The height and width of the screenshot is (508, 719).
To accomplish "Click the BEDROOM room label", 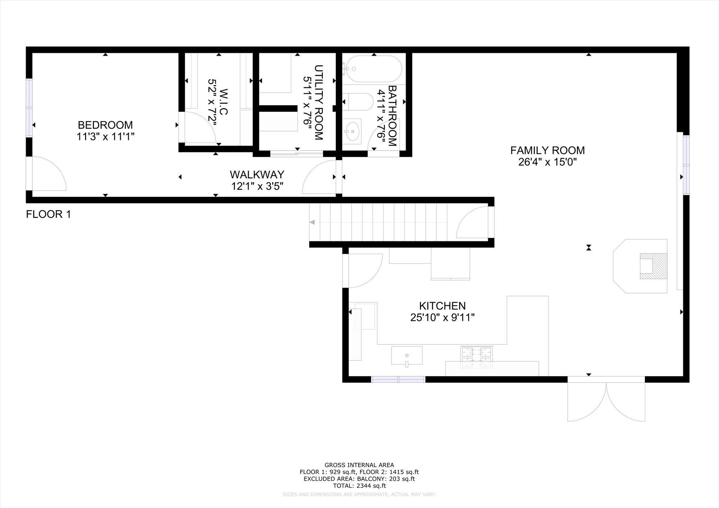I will pyautogui.click(x=105, y=125).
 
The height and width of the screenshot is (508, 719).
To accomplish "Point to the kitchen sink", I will pyautogui.click(x=407, y=355).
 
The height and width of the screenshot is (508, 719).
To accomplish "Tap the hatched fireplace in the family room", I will pyautogui.click(x=653, y=266).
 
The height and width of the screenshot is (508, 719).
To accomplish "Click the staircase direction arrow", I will pyautogui.click(x=312, y=222).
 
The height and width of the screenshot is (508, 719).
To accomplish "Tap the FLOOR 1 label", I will pyautogui.click(x=49, y=214).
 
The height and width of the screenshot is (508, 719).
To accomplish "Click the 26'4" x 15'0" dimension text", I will pyautogui.click(x=547, y=162).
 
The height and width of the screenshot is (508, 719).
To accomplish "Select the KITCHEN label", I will pyautogui.click(x=442, y=306).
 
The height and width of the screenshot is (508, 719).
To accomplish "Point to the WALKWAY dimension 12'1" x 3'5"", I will pyautogui.click(x=257, y=186).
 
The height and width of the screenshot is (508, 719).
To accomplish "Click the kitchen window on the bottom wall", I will pyautogui.click(x=398, y=379).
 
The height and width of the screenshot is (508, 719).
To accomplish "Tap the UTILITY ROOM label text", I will pyautogui.click(x=319, y=102).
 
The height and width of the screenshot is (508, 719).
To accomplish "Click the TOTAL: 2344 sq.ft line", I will pyautogui.click(x=359, y=486).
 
